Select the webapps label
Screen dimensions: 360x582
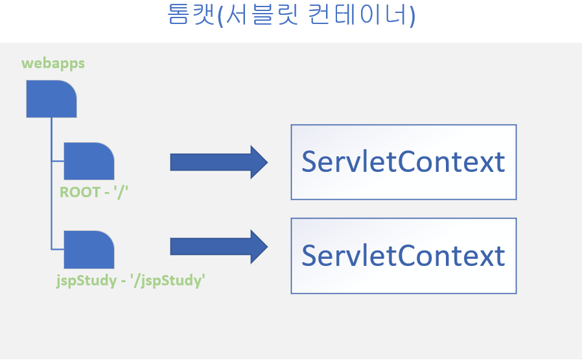click(53, 64)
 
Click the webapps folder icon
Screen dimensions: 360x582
click(51, 99)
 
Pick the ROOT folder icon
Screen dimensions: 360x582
click(89, 161)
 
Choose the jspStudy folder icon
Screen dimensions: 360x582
click(89, 250)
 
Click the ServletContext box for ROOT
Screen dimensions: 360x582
click(403, 162)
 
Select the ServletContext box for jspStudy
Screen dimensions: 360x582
click(403, 256)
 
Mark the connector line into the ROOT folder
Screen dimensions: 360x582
click(58, 161)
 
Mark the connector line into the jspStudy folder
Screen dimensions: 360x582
click(58, 249)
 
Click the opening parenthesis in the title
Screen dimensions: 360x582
click(220, 16)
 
